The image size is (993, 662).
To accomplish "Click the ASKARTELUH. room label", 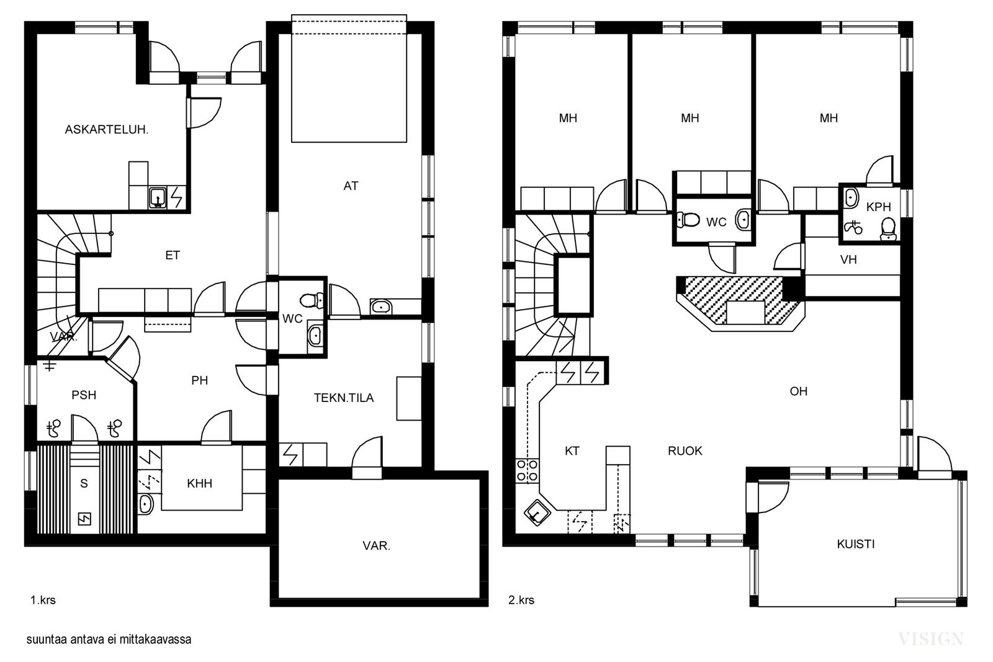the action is point(106,130).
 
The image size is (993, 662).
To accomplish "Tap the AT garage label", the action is point(351,186).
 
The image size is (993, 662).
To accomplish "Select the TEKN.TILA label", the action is point(344,398).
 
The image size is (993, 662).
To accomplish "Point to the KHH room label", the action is point(199,483).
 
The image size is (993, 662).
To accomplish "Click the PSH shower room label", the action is point(84,395).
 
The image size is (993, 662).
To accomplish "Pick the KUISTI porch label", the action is point(856,544).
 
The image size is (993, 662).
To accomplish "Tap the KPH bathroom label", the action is point(879,207).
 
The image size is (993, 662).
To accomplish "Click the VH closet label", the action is point(848,260).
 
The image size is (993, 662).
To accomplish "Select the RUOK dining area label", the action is point(685,451).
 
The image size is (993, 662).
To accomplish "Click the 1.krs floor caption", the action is point(43,601).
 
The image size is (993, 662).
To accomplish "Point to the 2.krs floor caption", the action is point(521,601).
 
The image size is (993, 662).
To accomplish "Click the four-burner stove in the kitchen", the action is point(527,470).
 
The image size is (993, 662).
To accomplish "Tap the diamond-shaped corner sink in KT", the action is point(537,513).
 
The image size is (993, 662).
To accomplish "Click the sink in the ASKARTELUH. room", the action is point(158,197).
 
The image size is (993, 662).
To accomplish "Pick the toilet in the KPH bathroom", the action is point(888,230).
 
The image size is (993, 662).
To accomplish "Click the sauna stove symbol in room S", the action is point(84,519).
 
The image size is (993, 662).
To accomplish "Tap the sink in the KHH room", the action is point(145,504).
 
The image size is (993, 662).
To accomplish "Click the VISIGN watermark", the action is point(930,639).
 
